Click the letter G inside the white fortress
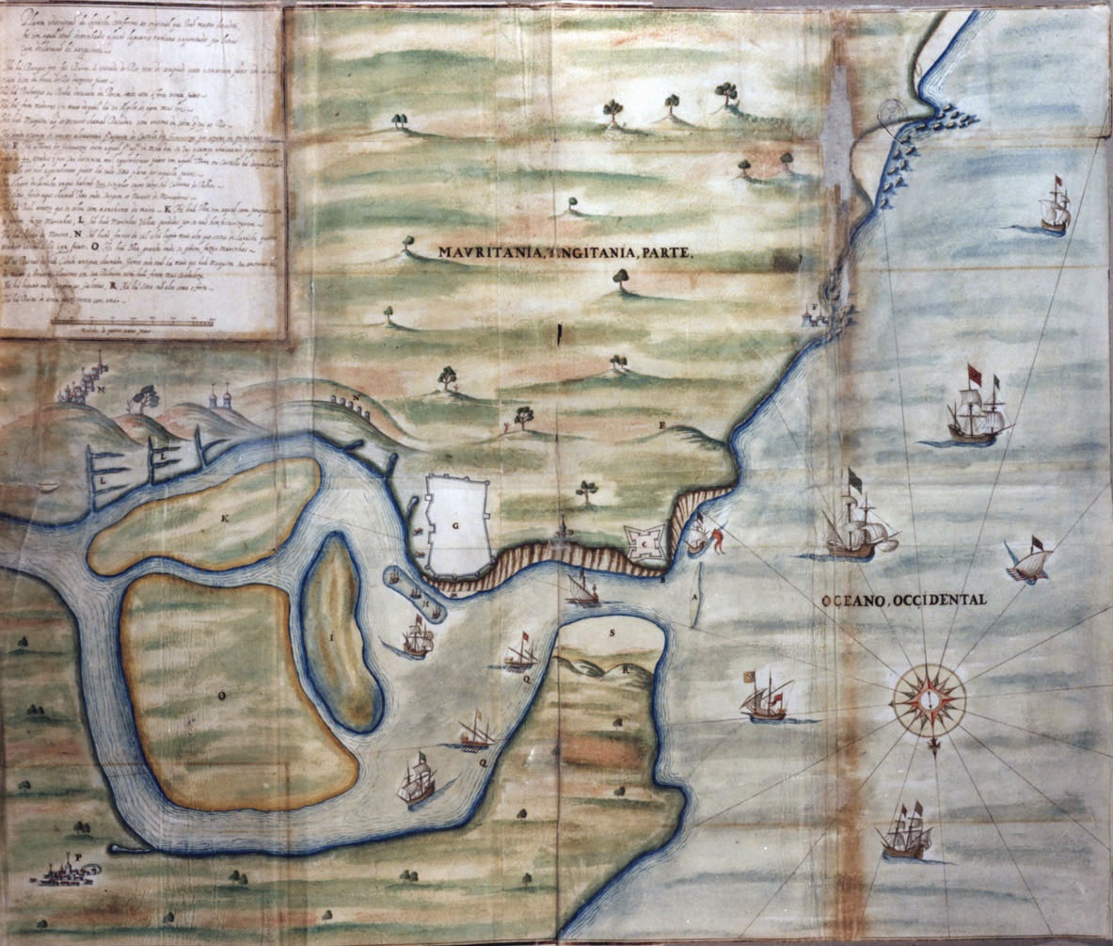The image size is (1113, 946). click(x=455, y=529)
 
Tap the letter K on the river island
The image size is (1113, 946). click(x=225, y=520)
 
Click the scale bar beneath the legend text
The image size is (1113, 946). click(x=133, y=322)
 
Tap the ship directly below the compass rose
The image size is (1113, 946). click(x=905, y=833)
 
